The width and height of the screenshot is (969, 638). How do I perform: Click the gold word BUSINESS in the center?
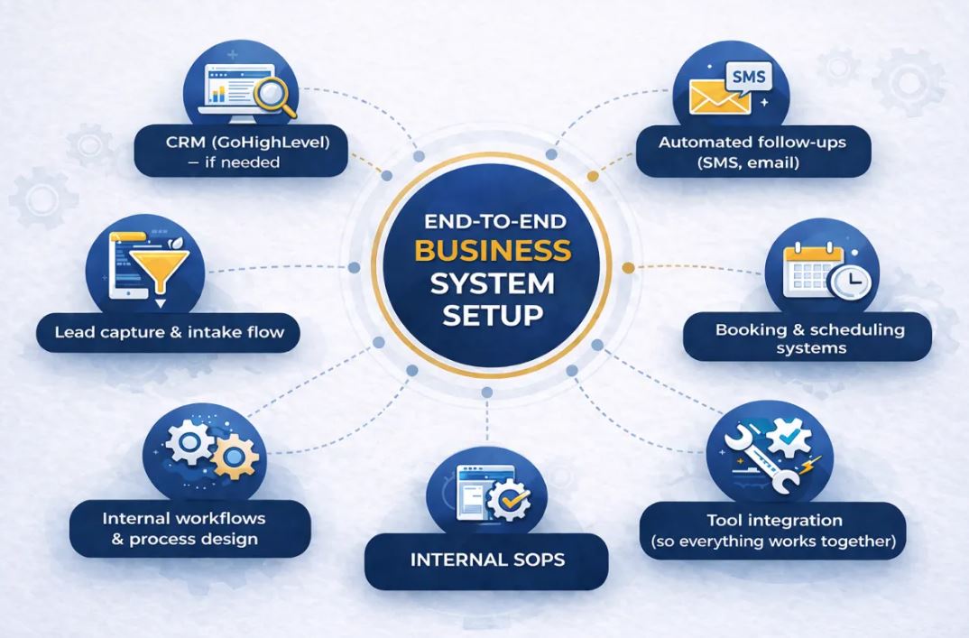pyautogui.click(x=494, y=250)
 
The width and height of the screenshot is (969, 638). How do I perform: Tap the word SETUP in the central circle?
pyautogui.click(x=494, y=315)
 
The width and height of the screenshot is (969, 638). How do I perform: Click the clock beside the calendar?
pyautogui.click(x=850, y=282)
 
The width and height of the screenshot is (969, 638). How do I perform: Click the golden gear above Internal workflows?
pyautogui.click(x=235, y=457)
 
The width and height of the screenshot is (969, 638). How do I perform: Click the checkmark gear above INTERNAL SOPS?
pyautogui.click(x=509, y=499)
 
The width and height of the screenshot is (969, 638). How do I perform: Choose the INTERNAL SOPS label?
pyautogui.click(x=487, y=560)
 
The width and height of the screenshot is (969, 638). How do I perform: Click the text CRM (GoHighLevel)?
pyautogui.click(x=247, y=143)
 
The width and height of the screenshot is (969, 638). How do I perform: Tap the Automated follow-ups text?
pyautogui.click(x=752, y=143)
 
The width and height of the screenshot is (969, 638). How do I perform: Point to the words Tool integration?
pyautogui.click(x=774, y=521)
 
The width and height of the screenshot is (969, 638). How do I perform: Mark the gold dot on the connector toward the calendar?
pyautogui.click(x=628, y=268)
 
